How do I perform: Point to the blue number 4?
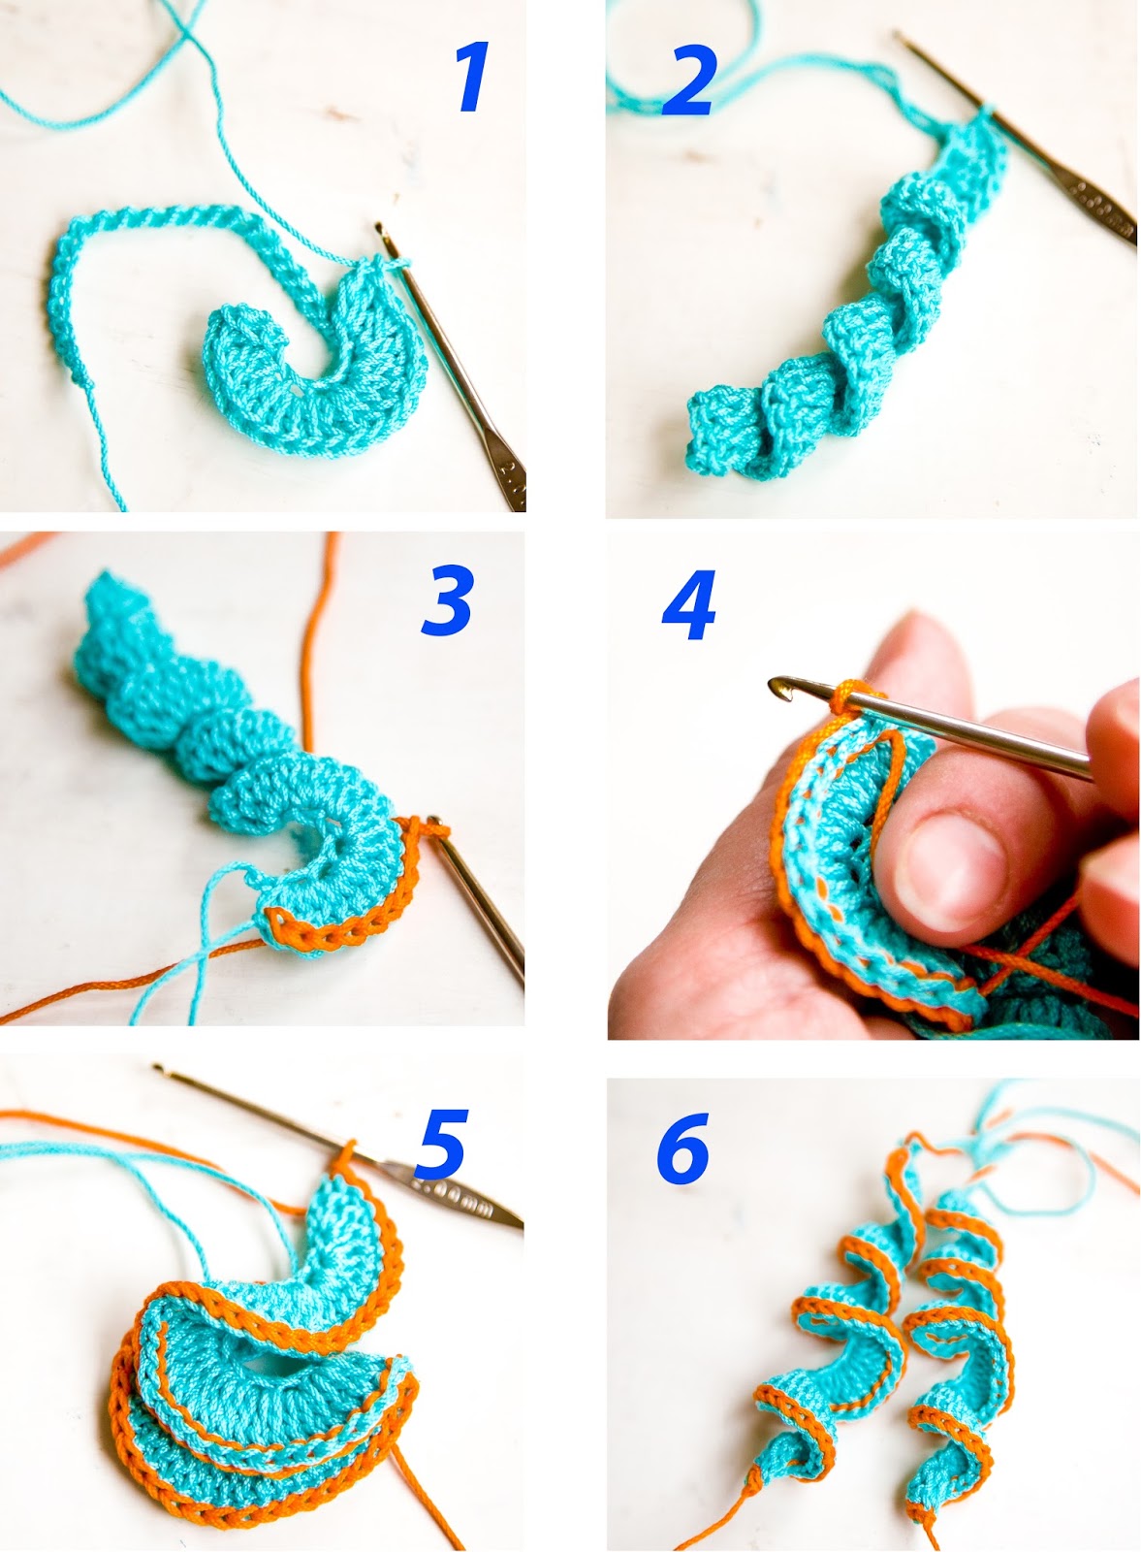690,606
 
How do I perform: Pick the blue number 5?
442,1144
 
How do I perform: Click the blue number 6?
683,1148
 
